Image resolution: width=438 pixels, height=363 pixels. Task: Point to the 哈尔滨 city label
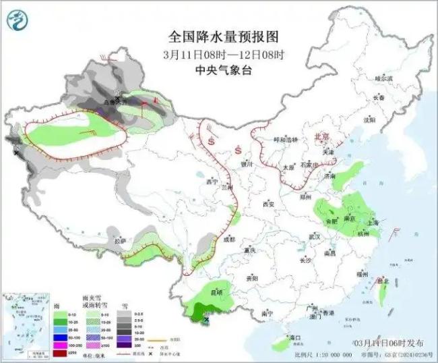pos(383,79)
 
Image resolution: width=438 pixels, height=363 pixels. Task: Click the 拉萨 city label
pos(120,241)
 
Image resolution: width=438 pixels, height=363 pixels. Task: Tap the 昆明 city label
pos(216,293)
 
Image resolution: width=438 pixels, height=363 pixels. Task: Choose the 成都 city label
pos(230,239)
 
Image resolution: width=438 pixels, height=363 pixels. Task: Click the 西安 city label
pos(270,203)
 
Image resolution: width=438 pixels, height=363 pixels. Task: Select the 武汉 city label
pos(313,237)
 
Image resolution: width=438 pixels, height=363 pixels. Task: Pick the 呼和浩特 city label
pos(284,139)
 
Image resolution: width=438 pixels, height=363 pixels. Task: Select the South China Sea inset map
pos(25,324)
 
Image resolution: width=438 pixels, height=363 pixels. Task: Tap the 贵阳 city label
pos(252,277)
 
